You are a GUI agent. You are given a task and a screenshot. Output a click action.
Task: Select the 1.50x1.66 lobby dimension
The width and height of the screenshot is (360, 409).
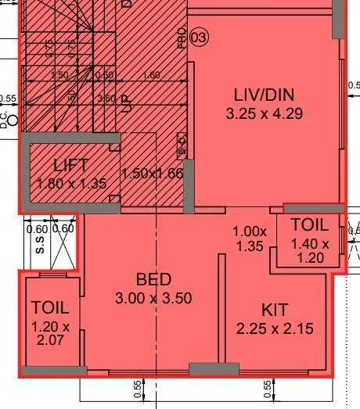click(152, 173)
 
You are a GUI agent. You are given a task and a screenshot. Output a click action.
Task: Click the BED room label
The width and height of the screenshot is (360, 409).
click(153, 279)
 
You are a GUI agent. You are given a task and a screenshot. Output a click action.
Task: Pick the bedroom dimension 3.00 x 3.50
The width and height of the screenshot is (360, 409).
click(153, 298)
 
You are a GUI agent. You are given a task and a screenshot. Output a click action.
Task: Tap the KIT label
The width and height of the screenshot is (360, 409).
click(275, 310)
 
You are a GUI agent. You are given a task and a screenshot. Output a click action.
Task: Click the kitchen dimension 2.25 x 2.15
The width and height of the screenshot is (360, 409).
click(275, 328)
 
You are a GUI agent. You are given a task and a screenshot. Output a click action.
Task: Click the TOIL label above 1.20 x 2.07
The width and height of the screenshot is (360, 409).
click(50, 307)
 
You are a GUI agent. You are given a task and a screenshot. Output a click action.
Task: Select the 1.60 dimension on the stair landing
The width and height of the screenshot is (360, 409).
click(152, 75)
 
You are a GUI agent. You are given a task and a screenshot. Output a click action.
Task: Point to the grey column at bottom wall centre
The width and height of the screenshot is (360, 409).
click(214, 368)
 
